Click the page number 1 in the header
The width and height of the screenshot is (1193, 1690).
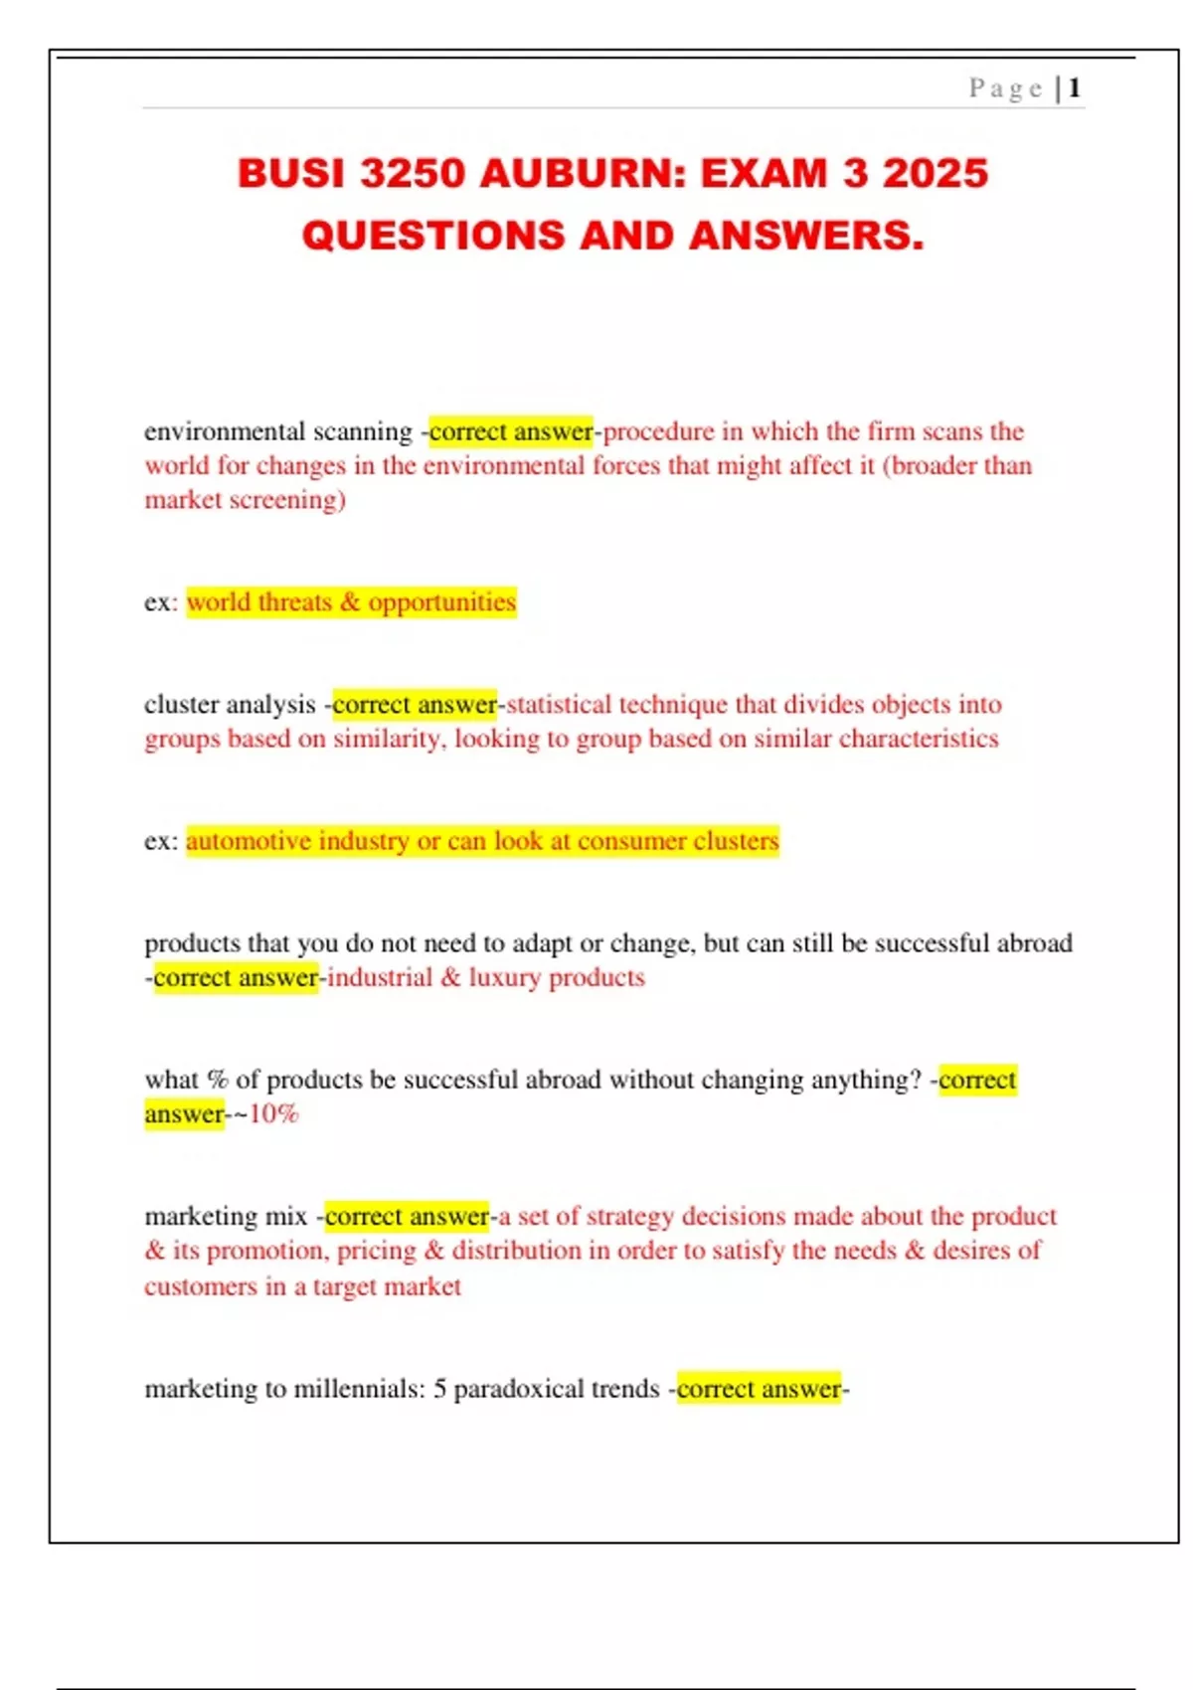click(1074, 88)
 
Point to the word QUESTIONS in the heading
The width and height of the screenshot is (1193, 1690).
click(434, 236)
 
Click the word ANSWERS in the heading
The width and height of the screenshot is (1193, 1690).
click(806, 236)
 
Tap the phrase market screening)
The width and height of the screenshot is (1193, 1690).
click(245, 500)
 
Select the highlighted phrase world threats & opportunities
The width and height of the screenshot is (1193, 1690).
click(351, 602)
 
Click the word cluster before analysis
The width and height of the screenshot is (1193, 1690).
click(180, 705)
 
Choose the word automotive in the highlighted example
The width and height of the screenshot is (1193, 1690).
click(248, 841)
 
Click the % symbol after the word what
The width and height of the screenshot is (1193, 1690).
click(217, 1080)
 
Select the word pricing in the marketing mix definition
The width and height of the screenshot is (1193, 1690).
click(376, 1251)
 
